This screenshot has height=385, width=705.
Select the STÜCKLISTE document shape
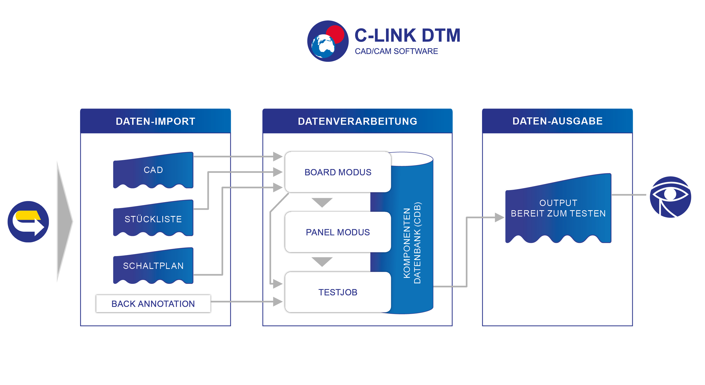(153, 218)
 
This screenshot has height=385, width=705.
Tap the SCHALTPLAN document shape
(153, 266)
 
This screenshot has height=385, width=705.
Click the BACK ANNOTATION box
(153, 303)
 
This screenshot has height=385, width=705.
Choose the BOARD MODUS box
(338, 172)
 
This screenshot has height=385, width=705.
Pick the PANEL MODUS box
(338, 232)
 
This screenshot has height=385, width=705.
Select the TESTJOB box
(338, 292)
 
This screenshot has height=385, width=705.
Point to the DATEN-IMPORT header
(155, 121)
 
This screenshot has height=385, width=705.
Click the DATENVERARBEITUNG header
(357, 121)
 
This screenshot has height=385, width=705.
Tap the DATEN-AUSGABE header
(557, 121)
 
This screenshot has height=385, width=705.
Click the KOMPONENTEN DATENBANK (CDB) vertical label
(412, 243)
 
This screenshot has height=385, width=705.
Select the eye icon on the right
(670, 197)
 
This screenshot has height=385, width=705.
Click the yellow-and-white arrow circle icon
(28, 222)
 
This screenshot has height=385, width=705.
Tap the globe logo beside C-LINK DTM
(328, 41)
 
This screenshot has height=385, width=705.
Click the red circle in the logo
(335, 34)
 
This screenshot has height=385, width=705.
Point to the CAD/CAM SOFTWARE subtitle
(396, 51)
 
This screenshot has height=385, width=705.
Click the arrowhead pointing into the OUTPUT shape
(500, 218)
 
